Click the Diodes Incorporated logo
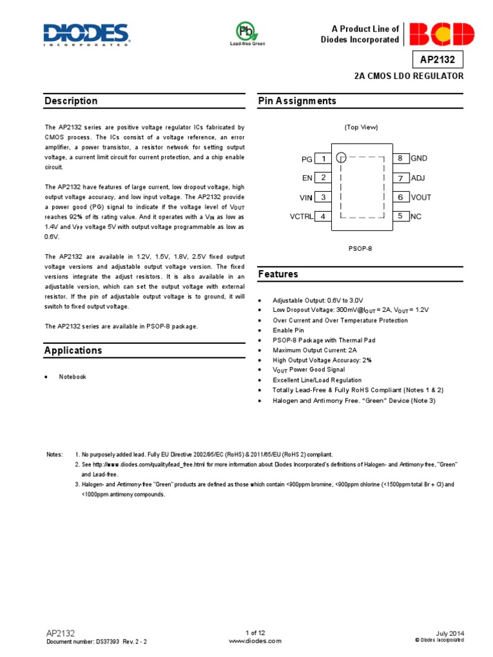click(86, 35)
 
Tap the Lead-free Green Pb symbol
click(247, 32)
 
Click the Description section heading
click(71, 101)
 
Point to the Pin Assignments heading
click(297, 101)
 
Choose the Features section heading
click(278, 274)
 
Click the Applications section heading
click(73, 350)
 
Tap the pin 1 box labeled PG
click(324, 158)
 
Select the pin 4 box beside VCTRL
click(324, 217)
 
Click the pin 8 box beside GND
click(400, 158)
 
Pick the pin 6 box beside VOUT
click(400, 198)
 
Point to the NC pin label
click(416, 217)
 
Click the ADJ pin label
click(418, 178)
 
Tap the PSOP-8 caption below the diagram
click(361, 247)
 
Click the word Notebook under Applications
click(73, 377)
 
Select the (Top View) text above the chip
click(361, 127)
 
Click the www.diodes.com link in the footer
click(246, 641)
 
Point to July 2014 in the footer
click(449, 633)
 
